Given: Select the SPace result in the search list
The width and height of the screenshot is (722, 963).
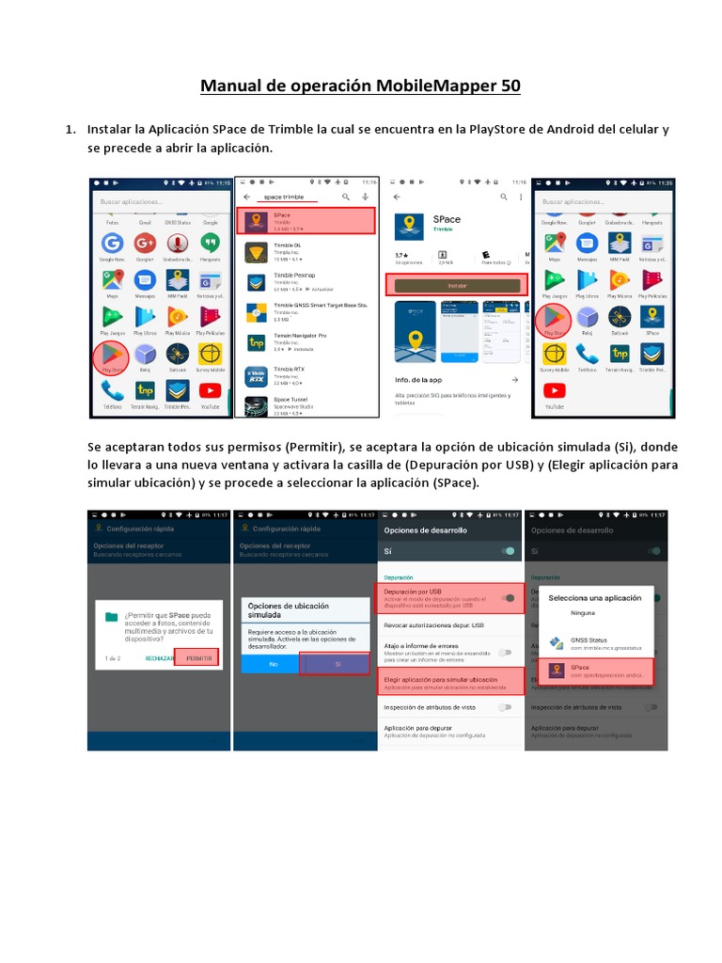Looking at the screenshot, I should pos(306,221).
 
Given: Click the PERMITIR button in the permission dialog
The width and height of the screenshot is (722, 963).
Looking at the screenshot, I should pos(199,658).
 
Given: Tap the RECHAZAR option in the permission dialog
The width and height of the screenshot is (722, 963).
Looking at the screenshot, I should pos(160,658).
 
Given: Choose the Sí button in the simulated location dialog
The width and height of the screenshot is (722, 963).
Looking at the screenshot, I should pos(337,664).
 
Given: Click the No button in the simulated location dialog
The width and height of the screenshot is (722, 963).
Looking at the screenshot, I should pos(273,664).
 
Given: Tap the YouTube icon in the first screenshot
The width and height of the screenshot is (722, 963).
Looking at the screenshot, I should pos(210,391).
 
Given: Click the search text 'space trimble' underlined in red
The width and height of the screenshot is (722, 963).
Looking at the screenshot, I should pos(285,197).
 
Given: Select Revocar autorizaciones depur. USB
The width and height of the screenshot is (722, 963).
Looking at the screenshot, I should pos(433,625).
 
